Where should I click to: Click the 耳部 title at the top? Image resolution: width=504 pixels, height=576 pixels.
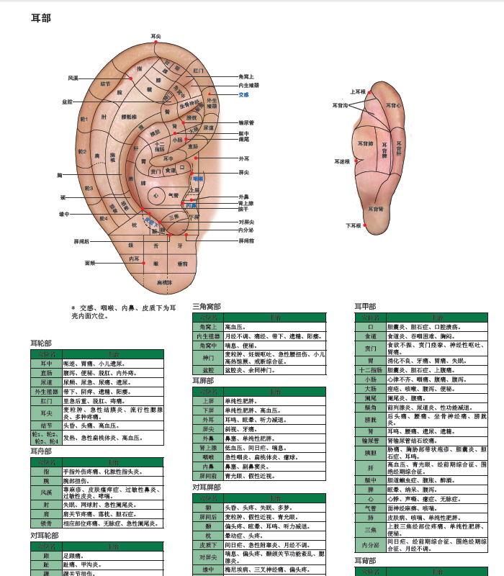(x=41, y=17)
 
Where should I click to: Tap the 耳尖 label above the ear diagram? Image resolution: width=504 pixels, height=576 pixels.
(x=156, y=36)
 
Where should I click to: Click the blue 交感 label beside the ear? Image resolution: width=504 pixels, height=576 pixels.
(x=243, y=95)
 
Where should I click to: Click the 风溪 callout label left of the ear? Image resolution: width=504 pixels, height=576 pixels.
(x=73, y=78)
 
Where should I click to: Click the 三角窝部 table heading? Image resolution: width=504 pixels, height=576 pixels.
(x=207, y=307)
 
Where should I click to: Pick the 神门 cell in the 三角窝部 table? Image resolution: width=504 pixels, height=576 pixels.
(x=208, y=357)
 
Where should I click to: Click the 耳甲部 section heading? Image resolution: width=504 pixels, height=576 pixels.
(x=365, y=307)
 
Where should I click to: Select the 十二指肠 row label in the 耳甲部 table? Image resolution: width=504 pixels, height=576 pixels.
(x=370, y=370)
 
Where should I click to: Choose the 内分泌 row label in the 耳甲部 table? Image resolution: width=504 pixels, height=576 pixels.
(x=370, y=545)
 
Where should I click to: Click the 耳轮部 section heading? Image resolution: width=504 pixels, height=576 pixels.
(x=40, y=343)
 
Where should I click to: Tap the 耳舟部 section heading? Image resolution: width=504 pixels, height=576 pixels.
(x=40, y=451)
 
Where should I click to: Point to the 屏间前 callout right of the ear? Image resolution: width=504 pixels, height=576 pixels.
(x=246, y=240)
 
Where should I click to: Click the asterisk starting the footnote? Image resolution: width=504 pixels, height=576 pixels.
(x=73, y=307)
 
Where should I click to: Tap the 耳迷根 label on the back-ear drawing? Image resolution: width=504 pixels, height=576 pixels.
(x=342, y=162)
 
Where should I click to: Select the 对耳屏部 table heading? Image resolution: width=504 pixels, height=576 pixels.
(x=207, y=487)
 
